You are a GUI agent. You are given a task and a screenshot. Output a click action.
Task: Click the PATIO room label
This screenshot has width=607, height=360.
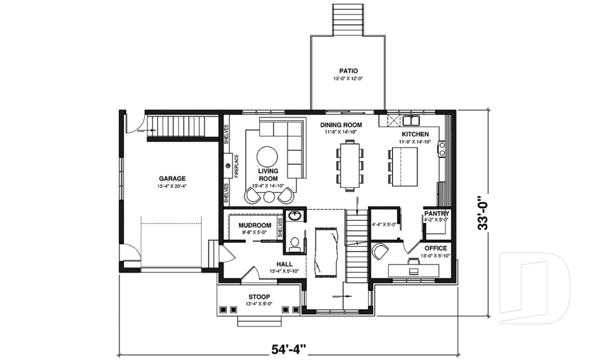[348, 71]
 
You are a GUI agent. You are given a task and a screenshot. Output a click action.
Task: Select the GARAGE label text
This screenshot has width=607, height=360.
[172, 178]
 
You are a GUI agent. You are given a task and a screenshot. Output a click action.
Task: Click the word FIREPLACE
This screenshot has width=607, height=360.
[236, 165]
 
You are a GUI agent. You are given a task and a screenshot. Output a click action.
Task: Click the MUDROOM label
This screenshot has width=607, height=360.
[255, 225]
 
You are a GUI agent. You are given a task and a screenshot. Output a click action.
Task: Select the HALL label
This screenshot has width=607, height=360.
[285, 264]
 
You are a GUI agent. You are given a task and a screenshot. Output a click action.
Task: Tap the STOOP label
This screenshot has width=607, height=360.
[259, 297]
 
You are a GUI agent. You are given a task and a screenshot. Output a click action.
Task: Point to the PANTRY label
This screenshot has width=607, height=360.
[436, 214]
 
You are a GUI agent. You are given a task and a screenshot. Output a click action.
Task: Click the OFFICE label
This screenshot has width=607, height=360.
[436, 248]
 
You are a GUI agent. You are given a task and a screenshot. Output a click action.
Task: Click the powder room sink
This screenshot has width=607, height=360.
[294, 216]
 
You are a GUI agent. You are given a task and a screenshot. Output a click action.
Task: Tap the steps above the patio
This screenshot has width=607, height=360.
[348, 19]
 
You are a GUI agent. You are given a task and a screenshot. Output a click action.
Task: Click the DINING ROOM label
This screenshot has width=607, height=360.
[340, 125]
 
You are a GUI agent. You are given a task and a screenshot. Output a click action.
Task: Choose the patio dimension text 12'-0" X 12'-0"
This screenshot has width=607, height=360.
[348, 79]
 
